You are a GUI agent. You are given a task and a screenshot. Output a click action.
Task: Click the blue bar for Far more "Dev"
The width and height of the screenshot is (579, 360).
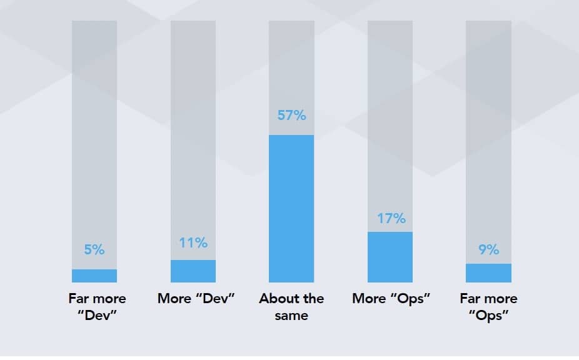click(x=94, y=276)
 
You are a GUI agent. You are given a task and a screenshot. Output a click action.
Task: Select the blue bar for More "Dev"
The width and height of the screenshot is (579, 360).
click(x=193, y=271)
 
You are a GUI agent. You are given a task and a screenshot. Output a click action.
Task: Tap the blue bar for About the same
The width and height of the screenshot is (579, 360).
click(x=291, y=209)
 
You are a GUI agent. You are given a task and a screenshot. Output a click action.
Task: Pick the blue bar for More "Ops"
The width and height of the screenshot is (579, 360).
click(x=390, y=257)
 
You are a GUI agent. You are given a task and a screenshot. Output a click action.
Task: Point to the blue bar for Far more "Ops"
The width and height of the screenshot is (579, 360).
click(x=488, y=273)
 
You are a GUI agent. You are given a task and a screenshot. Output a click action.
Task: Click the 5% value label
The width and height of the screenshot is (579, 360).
click(x=94, y=250)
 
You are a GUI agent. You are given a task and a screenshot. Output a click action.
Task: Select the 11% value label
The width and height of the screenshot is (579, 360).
click(x=193, y=243)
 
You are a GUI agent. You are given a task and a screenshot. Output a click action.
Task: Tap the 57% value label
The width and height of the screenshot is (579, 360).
click(x=291, y=116)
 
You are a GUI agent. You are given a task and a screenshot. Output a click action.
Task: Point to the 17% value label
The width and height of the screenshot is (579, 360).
click(x=391, y=219)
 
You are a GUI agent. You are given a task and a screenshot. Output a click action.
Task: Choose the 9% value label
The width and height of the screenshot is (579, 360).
click(x=488, y=250)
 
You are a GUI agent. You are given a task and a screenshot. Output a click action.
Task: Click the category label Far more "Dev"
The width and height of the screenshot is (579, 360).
click(x=97, y=306)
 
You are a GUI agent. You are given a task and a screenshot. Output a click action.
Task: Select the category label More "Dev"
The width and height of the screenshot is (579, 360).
click(x=196, y=298)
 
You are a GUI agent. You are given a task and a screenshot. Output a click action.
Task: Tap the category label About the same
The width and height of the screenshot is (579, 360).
click(x=291, y=306)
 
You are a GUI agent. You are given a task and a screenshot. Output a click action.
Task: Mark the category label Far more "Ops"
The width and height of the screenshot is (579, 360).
click(x=488, y=306)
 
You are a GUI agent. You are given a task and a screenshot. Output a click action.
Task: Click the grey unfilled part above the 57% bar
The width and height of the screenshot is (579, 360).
click(x=291, y=62)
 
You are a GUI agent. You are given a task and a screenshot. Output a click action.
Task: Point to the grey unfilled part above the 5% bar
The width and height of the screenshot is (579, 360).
click(x=94, y=125)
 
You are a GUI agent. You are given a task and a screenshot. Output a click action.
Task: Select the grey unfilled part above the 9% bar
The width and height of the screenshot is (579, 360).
click(x=488, y=125)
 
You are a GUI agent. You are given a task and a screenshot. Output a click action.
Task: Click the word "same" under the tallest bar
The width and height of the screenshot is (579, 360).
click(x=291, y=315)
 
